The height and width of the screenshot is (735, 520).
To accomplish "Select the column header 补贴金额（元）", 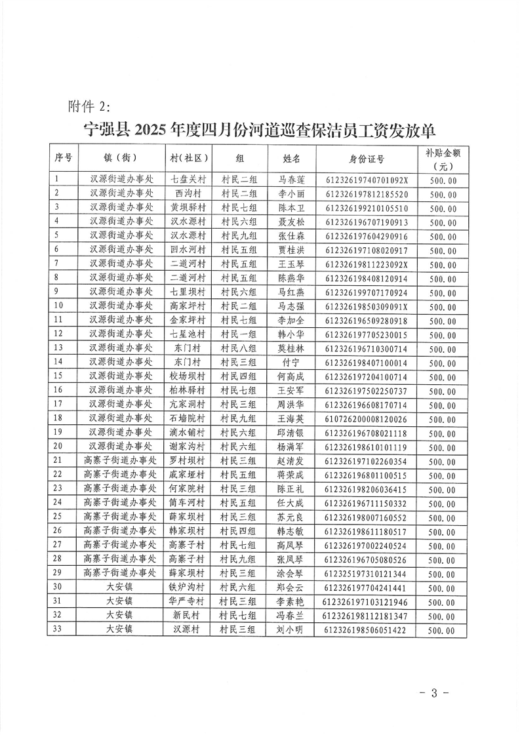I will [443, 158].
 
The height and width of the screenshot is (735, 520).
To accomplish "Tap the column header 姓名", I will [291, 158].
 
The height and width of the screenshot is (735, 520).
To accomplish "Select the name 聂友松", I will [291, 222].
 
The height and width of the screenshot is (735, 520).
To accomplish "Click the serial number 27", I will [57, 545].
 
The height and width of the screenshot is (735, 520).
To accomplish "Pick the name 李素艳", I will [291, 601].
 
